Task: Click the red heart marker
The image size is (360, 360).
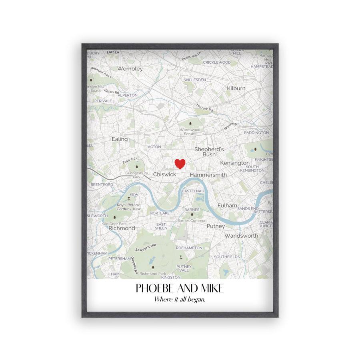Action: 180,164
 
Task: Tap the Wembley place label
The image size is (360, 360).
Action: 130,69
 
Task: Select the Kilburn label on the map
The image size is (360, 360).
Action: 236,88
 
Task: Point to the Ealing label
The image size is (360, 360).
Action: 120,139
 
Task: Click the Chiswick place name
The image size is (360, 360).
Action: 164,174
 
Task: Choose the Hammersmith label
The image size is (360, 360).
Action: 208,175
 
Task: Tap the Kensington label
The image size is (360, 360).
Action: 234,163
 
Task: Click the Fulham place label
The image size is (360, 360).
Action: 224,205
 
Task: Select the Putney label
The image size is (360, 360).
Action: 216,226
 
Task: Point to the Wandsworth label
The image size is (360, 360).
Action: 241,236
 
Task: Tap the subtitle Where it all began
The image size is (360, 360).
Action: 180,300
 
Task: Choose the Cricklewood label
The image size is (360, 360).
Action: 217,62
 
